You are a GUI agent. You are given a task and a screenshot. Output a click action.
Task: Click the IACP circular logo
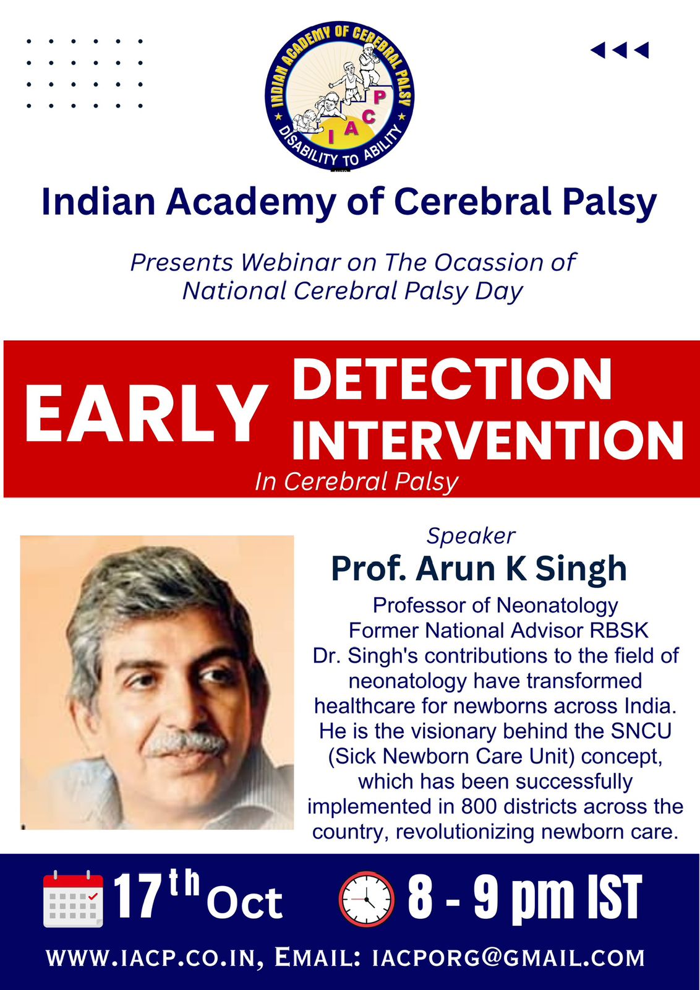point(339,95)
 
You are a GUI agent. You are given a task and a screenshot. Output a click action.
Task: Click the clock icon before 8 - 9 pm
point(365,899)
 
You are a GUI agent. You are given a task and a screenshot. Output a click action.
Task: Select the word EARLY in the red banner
point(147,413)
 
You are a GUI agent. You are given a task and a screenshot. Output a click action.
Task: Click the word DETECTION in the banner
point(452,379)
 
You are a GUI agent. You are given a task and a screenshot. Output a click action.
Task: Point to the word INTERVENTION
point(487,440)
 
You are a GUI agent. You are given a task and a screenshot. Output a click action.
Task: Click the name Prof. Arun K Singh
point(479,569)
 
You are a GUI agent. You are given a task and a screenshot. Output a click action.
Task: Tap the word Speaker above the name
point(471,536)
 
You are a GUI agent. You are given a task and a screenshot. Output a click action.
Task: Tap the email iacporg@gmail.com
point(508,958)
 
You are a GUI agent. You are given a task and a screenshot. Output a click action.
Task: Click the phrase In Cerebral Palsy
point(357,482)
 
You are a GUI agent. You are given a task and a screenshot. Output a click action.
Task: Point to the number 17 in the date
point(135,898)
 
